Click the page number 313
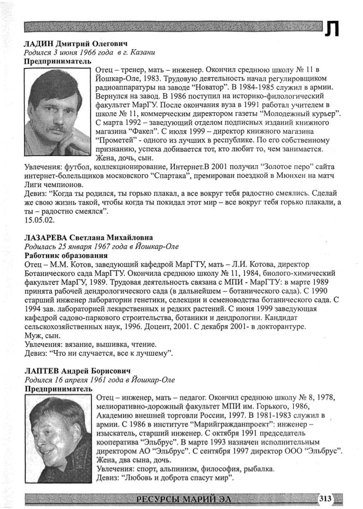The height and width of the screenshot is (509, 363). pyautogui.click(x=325, y=498)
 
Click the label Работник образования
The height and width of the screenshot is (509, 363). pyautogui.click(x=56, y=255)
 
